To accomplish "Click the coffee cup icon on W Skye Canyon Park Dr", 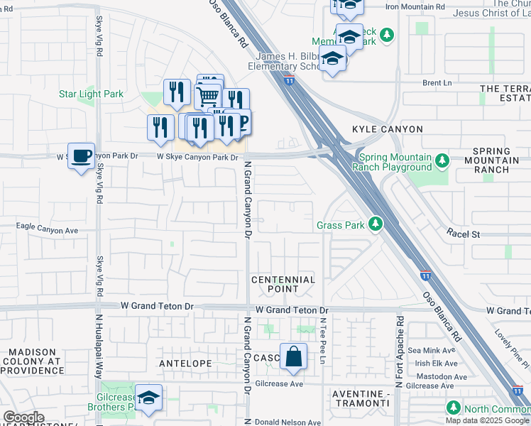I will point(81,155).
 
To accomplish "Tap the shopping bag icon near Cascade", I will point(293,356).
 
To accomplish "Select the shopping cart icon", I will point(207,95).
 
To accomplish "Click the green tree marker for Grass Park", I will point(375,225).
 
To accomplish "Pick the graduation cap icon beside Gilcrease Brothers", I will point(148,399).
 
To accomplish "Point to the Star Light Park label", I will point(91,94).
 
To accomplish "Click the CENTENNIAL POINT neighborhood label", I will point(283,284).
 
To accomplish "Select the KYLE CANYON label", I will point(388,129).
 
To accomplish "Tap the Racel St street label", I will point(464,234).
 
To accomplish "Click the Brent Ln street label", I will point(437,83).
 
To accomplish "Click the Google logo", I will point(23,417).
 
